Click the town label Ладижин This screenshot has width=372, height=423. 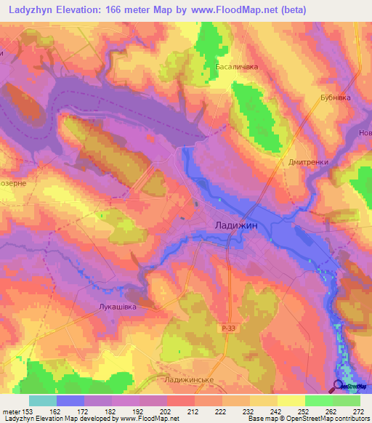tap(236, 225)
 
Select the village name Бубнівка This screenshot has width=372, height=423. tap(335, 97)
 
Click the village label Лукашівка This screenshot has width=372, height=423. tap(117, 307)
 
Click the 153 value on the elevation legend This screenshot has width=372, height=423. tap(28, 411)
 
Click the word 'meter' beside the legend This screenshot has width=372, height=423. tap(11, 411)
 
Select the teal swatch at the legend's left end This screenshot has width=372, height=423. tap(43, 400)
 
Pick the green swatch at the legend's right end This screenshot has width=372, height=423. tap(347, 400)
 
